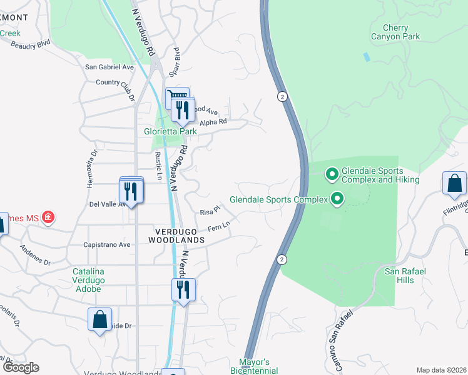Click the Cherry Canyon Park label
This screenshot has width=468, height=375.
click(397, 32)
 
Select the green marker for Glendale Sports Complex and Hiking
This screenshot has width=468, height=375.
click(332, 173)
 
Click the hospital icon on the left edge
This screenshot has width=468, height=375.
click(48, 218)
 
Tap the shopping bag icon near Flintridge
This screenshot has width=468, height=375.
click(454, 184)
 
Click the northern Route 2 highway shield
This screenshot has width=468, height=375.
click(283, 96)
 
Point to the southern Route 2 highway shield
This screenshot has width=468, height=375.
click(283, 259)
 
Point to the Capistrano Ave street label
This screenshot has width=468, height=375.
click(106, 244)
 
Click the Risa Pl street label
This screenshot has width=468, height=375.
click(210, 211)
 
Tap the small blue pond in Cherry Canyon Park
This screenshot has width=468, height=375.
click(366, 57)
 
